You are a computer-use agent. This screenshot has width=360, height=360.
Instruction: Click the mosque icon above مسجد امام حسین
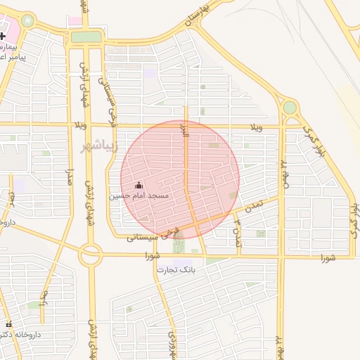(x=138, y=185)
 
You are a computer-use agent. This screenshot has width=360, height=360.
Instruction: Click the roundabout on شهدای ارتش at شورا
(x=90, y=255)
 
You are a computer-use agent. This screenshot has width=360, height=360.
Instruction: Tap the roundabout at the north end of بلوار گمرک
(x=289, y=108)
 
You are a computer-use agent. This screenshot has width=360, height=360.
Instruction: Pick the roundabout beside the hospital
(x=27, y=20)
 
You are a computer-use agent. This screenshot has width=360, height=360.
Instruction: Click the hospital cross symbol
(x=3, y=35)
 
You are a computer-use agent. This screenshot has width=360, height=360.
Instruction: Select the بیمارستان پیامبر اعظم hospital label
(x=13, y=51)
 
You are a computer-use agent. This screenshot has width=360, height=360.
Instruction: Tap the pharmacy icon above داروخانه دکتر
(x=8, y=325)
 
